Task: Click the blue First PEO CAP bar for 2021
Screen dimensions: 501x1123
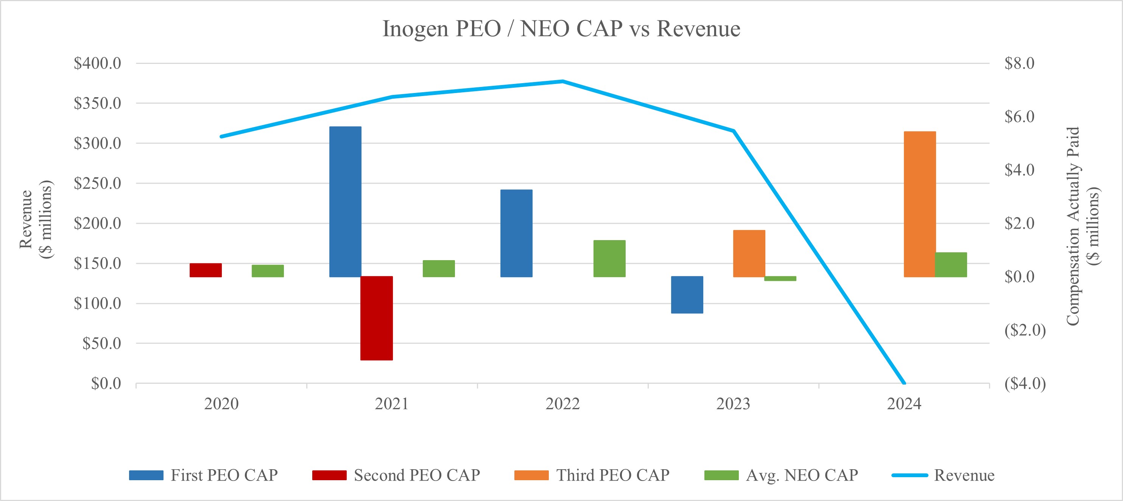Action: click(x=345, y=201)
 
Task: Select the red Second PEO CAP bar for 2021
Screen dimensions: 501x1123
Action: click(x=376, y=318)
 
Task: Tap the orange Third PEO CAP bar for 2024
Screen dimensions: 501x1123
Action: click(x=919, y=204)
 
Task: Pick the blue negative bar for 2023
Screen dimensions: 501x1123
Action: click(x=687, y=295)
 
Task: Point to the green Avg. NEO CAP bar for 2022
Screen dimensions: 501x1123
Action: click(x=609, y=258)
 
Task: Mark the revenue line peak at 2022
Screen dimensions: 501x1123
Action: click(x=562, y=81)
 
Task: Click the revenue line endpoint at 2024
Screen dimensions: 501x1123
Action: click(x=904, y=383)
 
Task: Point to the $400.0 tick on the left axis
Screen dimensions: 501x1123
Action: click(x=97, y=63)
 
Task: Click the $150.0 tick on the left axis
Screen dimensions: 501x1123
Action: click(x=97, y=263)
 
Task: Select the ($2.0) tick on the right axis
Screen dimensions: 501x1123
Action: click(x=1025, y=330)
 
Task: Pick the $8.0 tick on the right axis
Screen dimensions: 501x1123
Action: click(x=1019, y=63)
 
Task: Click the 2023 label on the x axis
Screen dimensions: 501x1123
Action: click(x=733, y=404)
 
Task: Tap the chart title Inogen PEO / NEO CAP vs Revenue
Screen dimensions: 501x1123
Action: click(x=561, y=29)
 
